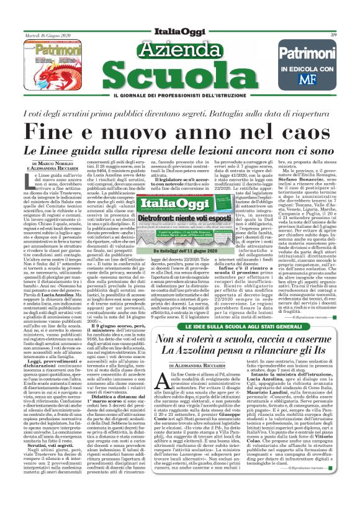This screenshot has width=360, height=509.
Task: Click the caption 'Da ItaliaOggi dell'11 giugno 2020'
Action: pos(179,250)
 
